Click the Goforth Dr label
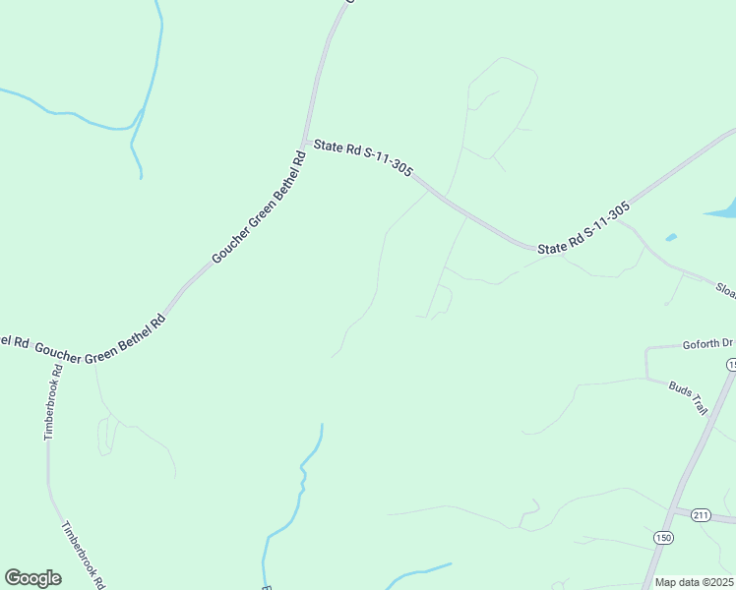[708, 344]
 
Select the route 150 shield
[663, 537]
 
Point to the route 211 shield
[701, 514]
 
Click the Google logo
[32, 578]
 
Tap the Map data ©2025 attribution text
[694, 582]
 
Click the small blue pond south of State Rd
[671, 237]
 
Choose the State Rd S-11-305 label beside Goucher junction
[362, 156]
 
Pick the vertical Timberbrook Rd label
[52, 402]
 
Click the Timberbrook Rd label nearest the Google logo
[85, 555]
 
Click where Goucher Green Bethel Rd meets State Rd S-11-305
[307, 143]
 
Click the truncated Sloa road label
[725, 290]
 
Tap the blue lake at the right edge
[723, 209]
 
